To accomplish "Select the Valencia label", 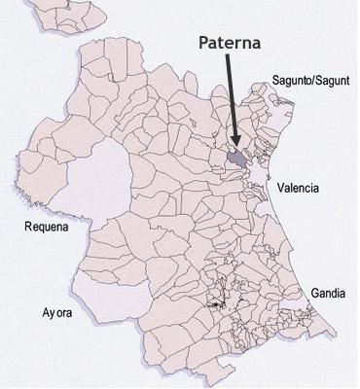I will (299, 188).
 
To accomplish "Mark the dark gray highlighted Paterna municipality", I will (236, 159).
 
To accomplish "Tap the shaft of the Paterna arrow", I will (236, 97).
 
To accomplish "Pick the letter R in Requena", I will (28, 230).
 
